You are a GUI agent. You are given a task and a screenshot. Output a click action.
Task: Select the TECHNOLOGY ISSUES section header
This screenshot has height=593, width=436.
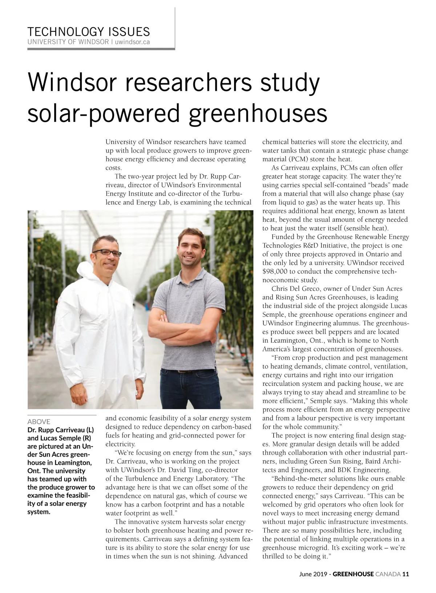coord(89,32)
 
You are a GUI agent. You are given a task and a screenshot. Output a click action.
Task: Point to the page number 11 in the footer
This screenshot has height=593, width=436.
coord(406,574)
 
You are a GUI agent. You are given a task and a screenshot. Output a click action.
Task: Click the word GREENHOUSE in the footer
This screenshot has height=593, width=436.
coord(353,574)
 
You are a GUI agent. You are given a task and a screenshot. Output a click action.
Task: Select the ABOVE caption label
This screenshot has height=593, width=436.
coord(39,422)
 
